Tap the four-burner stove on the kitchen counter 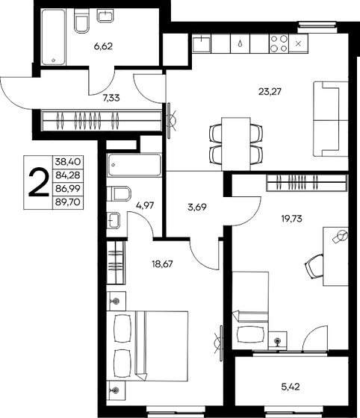click(279, 43)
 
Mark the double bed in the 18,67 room click(143, 346)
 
